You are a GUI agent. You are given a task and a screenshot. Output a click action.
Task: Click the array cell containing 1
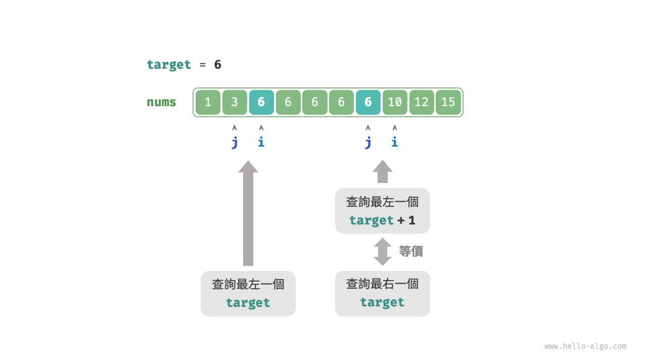(x=208, y=102)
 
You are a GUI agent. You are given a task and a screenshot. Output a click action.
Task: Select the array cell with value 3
(x=235, y=102)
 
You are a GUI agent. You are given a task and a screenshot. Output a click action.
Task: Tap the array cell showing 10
(x=395, y=102)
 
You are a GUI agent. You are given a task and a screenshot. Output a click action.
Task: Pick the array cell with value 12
(x=422, y=102)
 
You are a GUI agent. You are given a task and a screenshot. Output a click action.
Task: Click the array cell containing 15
(x=448, y=102)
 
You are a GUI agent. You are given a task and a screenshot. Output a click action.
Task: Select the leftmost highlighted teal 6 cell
(x=261, y=102)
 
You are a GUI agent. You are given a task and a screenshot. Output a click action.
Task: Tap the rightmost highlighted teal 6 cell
(x=368, y=102)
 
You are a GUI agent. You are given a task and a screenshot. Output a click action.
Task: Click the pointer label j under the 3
(x=235, y=143)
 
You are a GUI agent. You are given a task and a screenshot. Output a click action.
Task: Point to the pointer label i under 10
(x=395, y=142)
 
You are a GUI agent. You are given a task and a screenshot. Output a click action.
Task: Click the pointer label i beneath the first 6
(x=261, y=142)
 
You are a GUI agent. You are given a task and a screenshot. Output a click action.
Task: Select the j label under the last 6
(x=368, y=143)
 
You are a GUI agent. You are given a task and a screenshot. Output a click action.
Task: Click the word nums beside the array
(x=161, y=102)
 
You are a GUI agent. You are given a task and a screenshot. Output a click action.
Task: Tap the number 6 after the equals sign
(x=218, y=65)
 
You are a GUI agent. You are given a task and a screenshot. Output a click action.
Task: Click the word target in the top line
(x=169, y=65)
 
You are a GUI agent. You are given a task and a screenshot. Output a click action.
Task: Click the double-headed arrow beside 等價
(x=383, y=252)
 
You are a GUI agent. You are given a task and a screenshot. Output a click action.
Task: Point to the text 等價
(x=411, y=251)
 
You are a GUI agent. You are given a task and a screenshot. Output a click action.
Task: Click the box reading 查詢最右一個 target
(x=383, y=294)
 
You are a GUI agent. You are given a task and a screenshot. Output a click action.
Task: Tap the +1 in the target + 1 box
(x=406, y=220)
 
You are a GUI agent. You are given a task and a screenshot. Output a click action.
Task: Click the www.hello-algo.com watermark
(x=585, y=346)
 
